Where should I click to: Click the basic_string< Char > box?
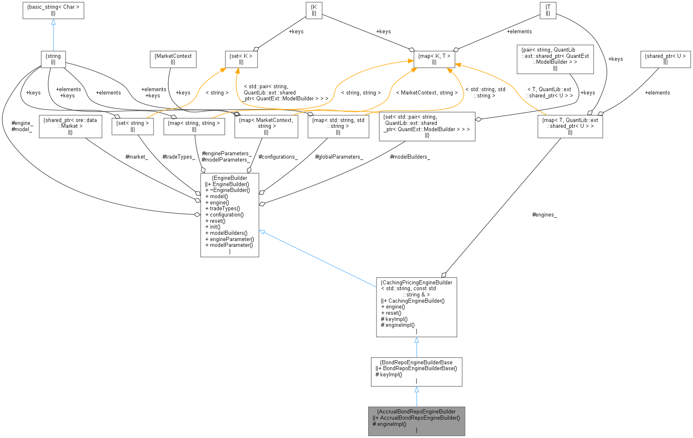click(53, 10)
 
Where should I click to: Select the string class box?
click(53, 59)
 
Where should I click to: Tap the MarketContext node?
click(173, 59)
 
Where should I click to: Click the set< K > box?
click(241, 59)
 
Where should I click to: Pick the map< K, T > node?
click(434, 59)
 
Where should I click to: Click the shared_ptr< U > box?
click(665, 59)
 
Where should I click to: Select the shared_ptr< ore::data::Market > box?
click(70, 126)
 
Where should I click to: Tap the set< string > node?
click(133, 126)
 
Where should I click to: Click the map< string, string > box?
click(194, 126)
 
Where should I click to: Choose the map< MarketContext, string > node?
click(266, 126)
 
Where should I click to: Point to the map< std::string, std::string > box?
click(338, 126)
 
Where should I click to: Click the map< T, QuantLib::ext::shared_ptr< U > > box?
click(570, 126)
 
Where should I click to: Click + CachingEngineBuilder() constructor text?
click(413, 301)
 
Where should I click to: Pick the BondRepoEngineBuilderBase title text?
click(416, 363)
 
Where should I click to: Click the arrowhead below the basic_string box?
click(53, 22)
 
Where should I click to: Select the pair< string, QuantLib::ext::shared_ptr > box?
click(555, 59)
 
